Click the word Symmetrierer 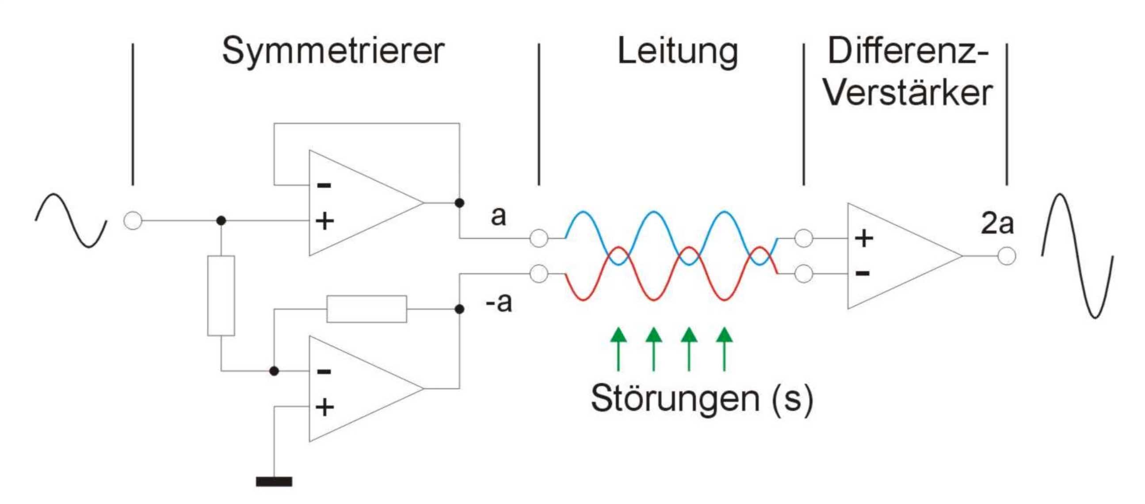(x=333, y=52)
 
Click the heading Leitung (x=678, y=52)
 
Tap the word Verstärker (x=908, y=93)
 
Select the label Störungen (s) (x=702, y=399)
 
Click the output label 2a (x=997, y=224)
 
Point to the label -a (x=499, y=303)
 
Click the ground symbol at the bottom (x=274, y=481)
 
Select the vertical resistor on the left (x=221, y=296)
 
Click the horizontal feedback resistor (x=366, y=309)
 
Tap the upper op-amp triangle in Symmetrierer (x=355, y=202)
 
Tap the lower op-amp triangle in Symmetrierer (x=355, y=389)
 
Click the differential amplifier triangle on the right (x=893, y=256)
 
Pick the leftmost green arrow (x=618, y=349)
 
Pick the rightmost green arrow (x=725, y=349)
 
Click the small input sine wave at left (x=71, y=221)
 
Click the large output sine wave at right (x=1077, y=256)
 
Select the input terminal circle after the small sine (x=133, y=221)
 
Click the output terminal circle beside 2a (x=1006, y=256)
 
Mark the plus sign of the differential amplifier (x=864, y=238)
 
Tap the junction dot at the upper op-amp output (x=460, y=203)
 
